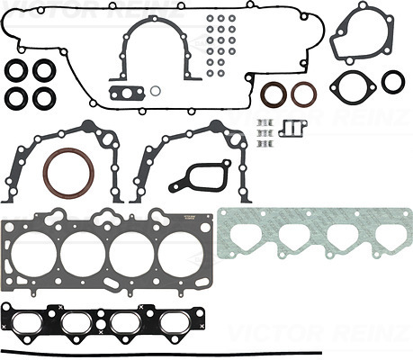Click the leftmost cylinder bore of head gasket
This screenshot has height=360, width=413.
[33, 255]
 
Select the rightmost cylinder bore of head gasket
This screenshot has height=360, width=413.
[181, 255]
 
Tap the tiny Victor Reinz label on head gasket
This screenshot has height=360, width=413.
[189, 218]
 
